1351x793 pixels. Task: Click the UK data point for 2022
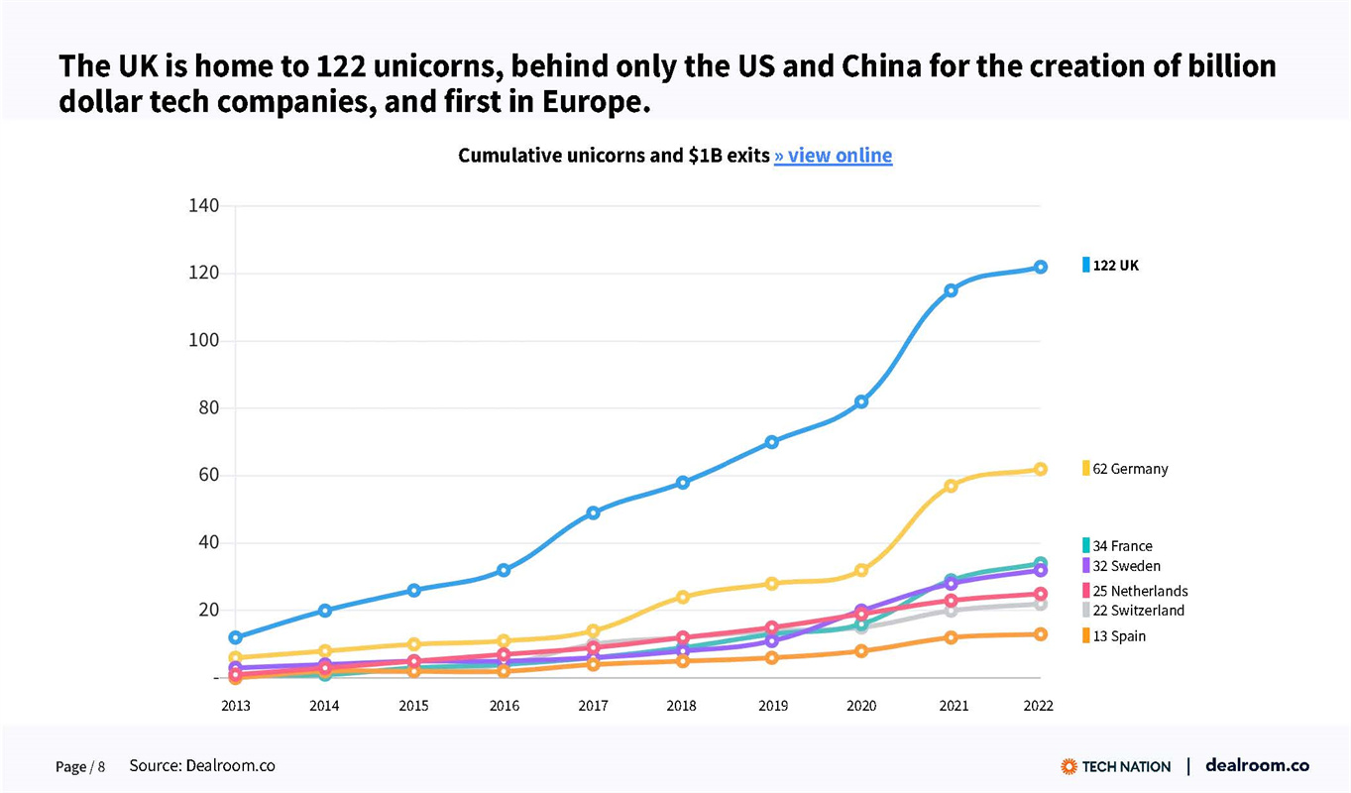click(x=1040, y=267)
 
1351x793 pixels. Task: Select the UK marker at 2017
click(x=593, y=512)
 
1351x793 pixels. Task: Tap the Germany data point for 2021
click(x=951, y=486)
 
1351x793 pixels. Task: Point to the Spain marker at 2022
click(x=1040, y=634)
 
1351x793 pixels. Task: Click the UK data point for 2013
click(x=235, y=637)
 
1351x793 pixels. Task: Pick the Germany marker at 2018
click(x=682, y=597)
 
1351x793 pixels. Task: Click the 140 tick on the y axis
click(x=203, y=206)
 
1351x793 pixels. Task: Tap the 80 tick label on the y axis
click(x=207, y=408)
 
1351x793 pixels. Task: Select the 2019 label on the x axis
click(x=772, y=707)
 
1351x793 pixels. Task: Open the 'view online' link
click(x=833, y=156)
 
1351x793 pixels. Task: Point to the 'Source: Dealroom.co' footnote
click(x=202, y=766)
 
